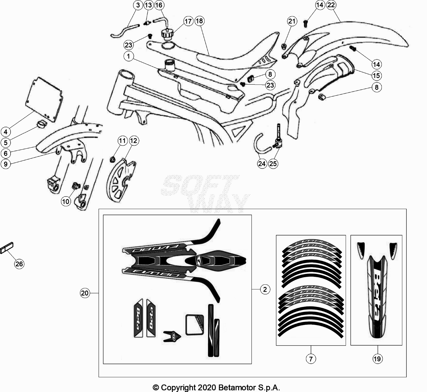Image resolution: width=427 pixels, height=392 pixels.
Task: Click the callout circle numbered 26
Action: point(19,264)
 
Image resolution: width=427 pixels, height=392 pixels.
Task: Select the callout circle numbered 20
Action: point(85,293)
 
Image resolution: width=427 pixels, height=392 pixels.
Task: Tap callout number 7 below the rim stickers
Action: point(311,359)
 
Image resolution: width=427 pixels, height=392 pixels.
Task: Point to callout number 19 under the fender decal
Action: point(377,359)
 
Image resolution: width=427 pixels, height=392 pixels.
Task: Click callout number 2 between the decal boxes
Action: point(265,289)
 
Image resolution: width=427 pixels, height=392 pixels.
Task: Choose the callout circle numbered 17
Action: point(188,21)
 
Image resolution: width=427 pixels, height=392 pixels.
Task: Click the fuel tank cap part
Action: point(167,34)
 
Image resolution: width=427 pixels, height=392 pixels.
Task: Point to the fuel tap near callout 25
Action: point(278,142)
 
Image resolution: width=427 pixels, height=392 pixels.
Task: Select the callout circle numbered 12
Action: point(134,141)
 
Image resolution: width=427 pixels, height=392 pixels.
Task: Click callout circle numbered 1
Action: point(129,56)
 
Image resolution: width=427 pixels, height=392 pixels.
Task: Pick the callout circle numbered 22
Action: point(331,5)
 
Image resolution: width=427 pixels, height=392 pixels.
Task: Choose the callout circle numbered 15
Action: point(376,76)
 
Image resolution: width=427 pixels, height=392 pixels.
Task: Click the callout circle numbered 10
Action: point(66,201)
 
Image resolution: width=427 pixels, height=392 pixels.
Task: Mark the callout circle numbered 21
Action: point(292,21)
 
